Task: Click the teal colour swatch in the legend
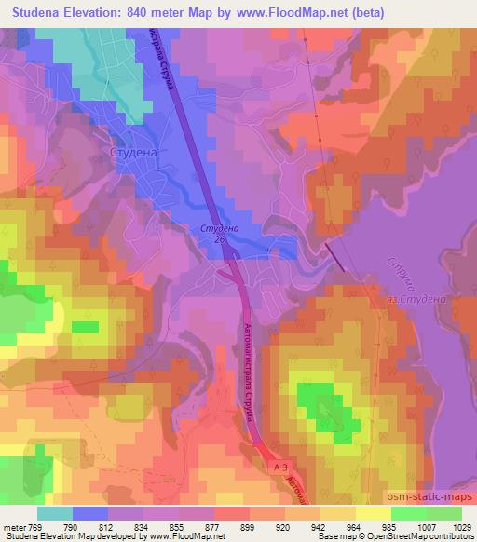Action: tap(55, 512)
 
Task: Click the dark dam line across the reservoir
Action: tap(334, 253)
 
